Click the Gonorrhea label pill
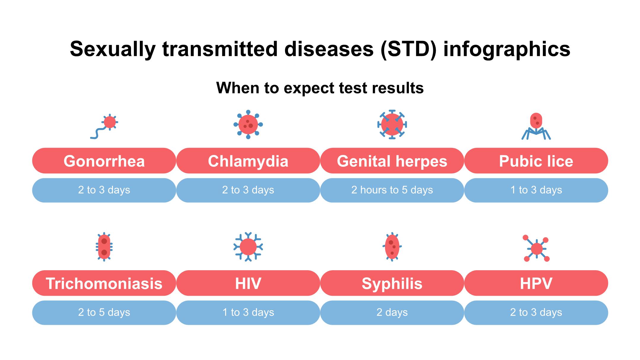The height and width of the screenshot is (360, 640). (x=104, y=161)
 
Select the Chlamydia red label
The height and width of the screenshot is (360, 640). (x=248, y=161)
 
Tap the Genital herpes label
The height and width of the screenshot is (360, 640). (x=392, y=161)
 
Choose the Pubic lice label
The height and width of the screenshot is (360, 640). (x=536, y=161)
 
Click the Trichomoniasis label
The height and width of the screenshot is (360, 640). (x=104, y=283)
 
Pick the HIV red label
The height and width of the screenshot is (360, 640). (x=248, y=283)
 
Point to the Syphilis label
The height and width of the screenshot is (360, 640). (x=392, y=283)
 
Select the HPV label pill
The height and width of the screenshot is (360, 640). (x=536, y=283)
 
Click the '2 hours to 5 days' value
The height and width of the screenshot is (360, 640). (x=392, y=190)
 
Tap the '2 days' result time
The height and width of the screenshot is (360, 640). (x=392, y=313)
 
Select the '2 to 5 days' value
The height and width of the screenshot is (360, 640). (x=104, y=313)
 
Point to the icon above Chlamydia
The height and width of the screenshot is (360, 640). (x=248, y=124)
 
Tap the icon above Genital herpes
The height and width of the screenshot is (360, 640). (x=392, y=124)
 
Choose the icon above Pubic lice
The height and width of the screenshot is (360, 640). (x=536, y=126)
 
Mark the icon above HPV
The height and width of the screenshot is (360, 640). (x=536, y=248)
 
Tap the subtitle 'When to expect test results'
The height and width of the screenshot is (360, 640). (x=320, y=88)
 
